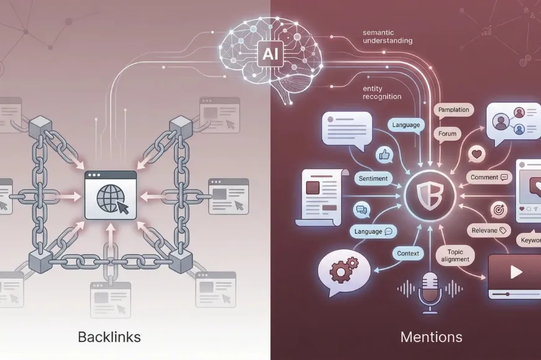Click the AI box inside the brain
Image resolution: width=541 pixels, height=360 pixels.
270,53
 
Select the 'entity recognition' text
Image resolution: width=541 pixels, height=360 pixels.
382,93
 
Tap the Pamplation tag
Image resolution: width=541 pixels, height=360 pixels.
453,110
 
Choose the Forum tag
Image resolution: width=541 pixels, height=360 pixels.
447,134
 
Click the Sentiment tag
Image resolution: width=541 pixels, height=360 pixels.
373,178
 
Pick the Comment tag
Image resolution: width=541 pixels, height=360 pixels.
489,177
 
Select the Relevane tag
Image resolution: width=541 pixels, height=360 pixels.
488,230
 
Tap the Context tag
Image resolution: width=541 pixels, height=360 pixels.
408,253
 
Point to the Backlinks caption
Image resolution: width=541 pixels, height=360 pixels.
109,337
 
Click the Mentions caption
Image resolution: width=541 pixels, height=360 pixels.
432,337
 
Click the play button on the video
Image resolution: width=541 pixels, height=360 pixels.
516,272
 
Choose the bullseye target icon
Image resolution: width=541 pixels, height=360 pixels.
499,210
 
